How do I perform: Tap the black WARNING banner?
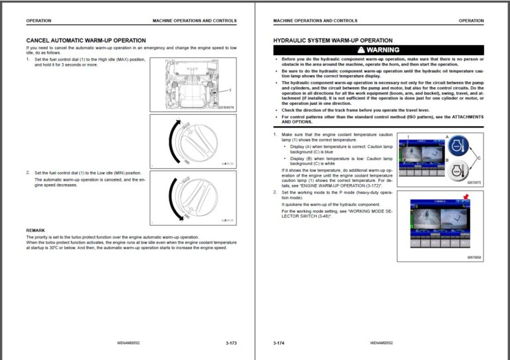tap(379, 50)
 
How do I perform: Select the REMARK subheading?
tap(36, 230)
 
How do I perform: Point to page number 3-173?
tap(231, 343)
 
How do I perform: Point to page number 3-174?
tap(279, 343)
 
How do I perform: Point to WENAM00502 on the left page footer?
tap(127, 343)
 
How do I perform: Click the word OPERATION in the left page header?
tap(39, 21)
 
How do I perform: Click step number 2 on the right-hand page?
tap(275, 192)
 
